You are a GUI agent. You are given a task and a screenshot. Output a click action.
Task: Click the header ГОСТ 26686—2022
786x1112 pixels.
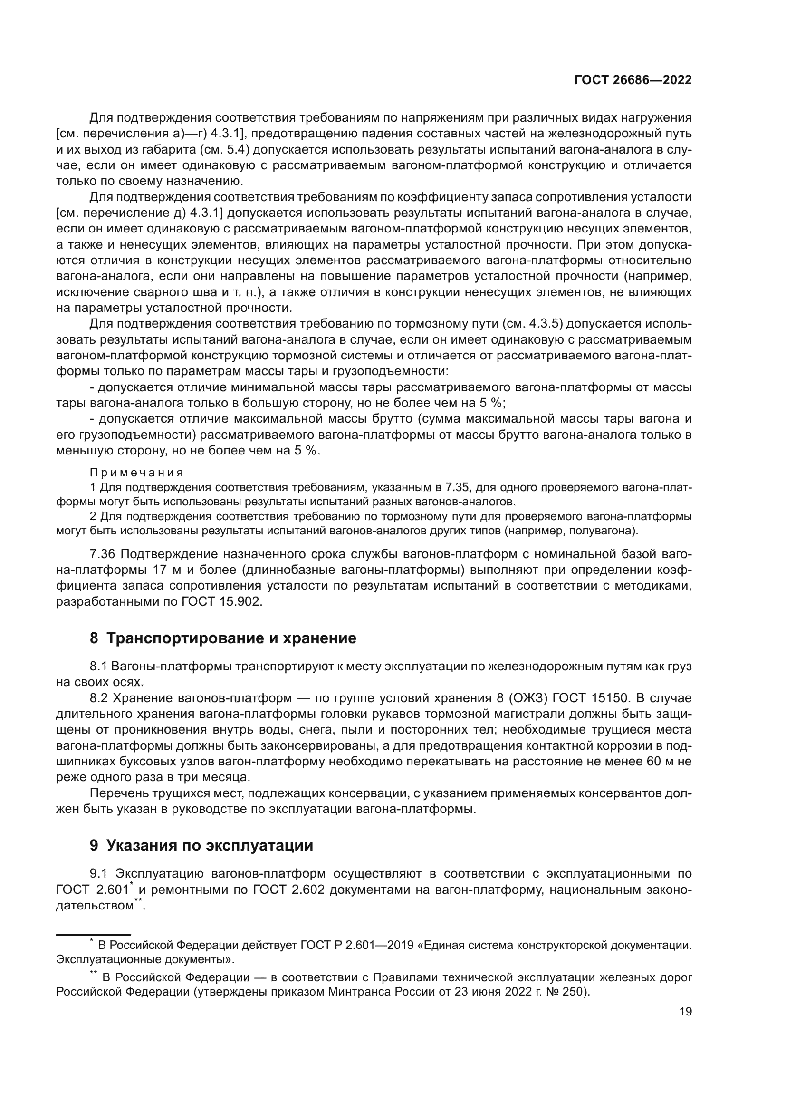(x=633, y=80)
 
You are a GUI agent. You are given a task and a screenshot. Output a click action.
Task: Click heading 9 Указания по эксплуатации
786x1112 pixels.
(x=201, y=845)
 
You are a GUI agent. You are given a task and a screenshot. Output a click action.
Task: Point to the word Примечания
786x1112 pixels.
(x=136, y=472)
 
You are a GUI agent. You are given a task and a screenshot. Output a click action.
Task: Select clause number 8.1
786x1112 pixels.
(x=98, y=667)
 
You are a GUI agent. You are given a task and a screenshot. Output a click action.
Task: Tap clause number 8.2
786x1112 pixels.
(x=98, y=698)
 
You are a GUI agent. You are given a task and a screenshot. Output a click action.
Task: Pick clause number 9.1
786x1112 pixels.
(x=98, y=874)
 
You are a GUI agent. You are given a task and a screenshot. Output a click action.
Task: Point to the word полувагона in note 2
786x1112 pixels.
(x=600, y=531)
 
